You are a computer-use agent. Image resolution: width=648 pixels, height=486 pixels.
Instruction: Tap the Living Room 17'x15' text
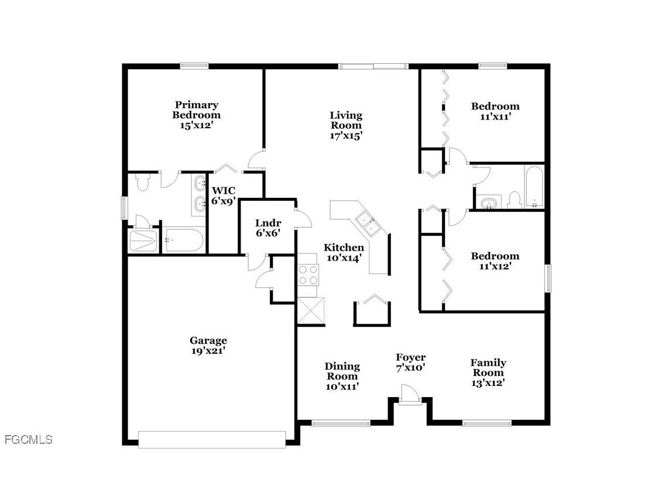point(345,125)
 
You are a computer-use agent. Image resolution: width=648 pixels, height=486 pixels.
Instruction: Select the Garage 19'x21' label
point(208,345)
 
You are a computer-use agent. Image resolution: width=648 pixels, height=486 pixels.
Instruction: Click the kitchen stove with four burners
point(308,275)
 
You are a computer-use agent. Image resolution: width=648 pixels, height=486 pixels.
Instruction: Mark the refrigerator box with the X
point(311,310)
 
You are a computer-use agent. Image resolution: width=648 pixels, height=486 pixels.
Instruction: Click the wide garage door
point(212,439)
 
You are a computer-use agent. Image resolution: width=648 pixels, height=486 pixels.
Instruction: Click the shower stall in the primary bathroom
point(143,241)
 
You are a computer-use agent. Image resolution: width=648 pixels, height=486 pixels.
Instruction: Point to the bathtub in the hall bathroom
point(534,187)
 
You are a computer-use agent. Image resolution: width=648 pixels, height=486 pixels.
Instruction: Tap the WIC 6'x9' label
point(223,195)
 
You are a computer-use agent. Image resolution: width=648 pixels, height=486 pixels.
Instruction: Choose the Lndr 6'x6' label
point(268,228)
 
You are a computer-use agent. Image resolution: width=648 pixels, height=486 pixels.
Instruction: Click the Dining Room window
point(341,422)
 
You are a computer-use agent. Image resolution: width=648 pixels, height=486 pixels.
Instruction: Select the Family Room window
point(486,422)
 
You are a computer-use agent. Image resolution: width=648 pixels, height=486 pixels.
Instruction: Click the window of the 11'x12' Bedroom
point(549,278)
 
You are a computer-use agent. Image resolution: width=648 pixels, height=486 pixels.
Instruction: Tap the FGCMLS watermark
point(28,439)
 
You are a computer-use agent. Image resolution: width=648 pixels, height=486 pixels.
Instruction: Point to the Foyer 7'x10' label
point(410,362)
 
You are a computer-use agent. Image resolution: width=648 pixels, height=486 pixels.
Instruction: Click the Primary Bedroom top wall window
point(194,66)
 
